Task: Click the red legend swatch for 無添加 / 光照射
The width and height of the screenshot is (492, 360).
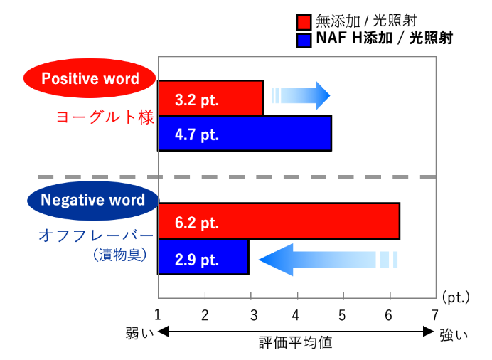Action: click(x=304, y=22)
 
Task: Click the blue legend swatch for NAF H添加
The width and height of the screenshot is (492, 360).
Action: click(x=304, y=41)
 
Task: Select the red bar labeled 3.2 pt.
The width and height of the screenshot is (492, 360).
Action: click(x=210, y=97)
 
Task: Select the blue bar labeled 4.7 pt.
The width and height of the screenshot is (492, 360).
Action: click(x=245, y=133)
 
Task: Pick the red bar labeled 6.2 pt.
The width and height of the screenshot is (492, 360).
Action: click(x=279, y=221)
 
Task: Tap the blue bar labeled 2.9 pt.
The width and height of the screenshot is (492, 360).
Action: click(x=203, y=258)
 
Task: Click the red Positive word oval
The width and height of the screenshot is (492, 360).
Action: click(x=90, y=78)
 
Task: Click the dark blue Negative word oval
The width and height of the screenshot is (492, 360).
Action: click(x=93, y=200)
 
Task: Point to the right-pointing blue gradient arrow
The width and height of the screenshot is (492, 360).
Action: click(x=301, y=96)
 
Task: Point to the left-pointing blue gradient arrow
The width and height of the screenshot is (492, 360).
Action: click(x=328, y=260)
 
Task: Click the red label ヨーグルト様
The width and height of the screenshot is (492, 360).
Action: click(x=105, y=117)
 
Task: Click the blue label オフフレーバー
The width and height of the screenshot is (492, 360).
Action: click(x=96, y=235)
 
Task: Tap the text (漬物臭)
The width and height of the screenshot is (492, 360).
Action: click(x=120, y=255)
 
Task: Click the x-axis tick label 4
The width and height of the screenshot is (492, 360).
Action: click(x=296, y=315)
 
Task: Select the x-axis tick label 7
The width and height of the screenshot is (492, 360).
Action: click(x=434, y=315)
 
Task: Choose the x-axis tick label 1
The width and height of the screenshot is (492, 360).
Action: click(x=158, y=315)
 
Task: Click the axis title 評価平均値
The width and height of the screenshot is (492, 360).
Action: click(x=295, y=343)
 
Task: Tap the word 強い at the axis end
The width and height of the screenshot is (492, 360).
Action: click(x=454, y=335)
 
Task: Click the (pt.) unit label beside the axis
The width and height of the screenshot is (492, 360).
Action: click(x=456, y=297)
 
